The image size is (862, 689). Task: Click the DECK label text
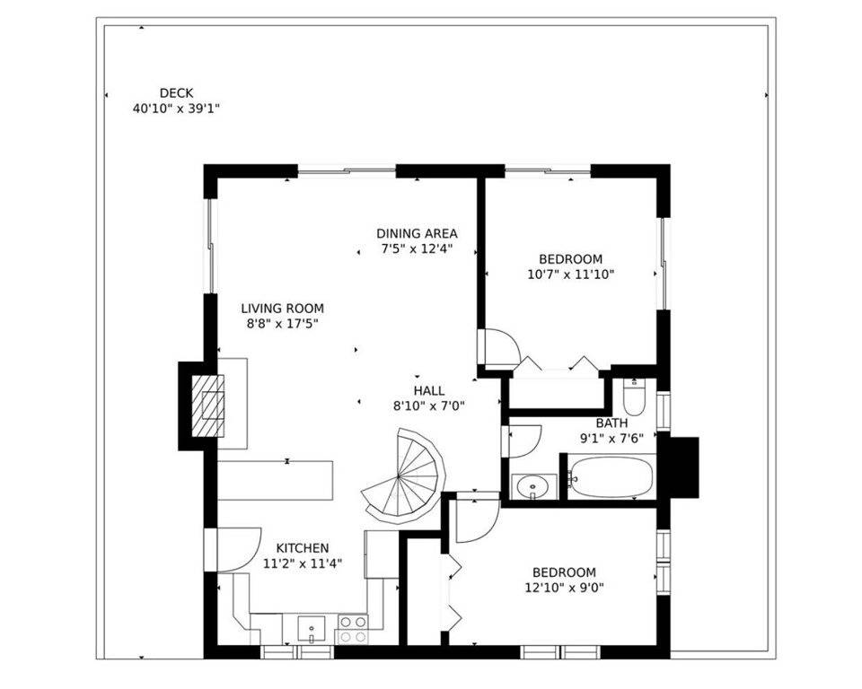176,93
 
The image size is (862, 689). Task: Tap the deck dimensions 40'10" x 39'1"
176,109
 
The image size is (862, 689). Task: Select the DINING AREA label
417,233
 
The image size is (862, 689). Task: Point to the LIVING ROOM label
283,309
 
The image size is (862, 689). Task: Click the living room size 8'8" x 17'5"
283,324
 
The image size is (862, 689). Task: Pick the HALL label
429,390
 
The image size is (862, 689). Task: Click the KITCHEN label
303,548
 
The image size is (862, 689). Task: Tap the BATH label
611,423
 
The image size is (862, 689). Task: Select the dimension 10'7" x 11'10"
571,275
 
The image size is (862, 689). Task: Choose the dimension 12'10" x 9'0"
564,588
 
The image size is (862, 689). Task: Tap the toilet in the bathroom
635,397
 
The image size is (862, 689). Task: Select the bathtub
611,477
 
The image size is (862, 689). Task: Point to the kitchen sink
312,629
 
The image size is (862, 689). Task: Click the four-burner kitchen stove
352,629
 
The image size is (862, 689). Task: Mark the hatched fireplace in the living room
207,406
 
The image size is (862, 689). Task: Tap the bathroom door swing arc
523,441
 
